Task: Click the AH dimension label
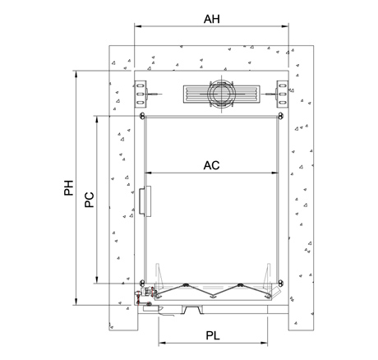click(x=212, y=19)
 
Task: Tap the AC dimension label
click(x=211, y=165)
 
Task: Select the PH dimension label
click(x=69, y=187)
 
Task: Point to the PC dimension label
click(x=90, y=200)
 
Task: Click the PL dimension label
click(x=213, y=335)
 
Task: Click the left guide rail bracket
click(x=141, y=94)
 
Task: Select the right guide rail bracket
click(x=282, y=94)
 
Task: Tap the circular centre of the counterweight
click(x=221, y=94)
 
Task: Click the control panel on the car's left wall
click(x=145, y=201)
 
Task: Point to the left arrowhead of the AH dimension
click(x=137, y=26)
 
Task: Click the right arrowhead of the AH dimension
click(x=285, y=26)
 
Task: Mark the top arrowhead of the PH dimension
click(x=76, y=74)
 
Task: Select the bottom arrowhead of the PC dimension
click(x=96, y=280)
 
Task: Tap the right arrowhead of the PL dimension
click(x=264, y=343)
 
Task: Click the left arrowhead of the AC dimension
click(x=148, y=173)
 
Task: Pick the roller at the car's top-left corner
click(x=142, y=116)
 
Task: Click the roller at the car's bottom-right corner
click(x=280, y=283)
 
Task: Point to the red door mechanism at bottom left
click(x=145, y=295)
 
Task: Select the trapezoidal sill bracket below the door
click(x=193, y=310)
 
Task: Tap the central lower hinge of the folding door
click(x=212, y=297)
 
